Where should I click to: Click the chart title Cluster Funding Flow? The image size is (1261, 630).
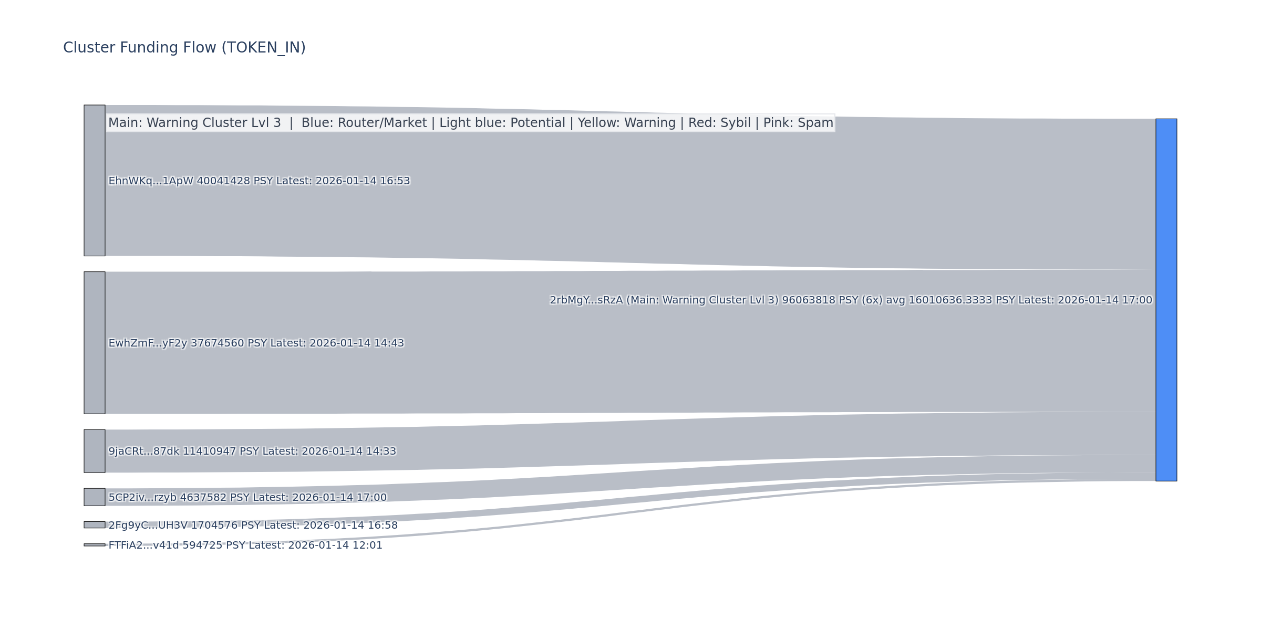[184, 48]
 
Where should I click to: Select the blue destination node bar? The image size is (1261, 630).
[1166, 300]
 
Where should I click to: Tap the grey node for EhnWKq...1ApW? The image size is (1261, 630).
[95, 181]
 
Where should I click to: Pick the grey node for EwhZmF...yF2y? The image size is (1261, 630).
[95, 343]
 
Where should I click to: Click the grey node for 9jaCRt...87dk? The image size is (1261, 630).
[95, 451]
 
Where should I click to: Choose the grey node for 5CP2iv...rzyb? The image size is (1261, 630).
[95, 497]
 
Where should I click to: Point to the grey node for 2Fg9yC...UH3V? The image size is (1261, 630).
[95, 525]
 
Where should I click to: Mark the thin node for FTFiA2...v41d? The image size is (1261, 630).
[95, 545]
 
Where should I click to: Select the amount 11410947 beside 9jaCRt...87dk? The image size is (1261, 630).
[209, 451]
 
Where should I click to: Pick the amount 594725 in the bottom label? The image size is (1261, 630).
[202, 545]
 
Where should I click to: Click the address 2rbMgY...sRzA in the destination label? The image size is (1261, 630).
[586, 300]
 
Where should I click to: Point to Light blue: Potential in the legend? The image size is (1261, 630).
[502, 123]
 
